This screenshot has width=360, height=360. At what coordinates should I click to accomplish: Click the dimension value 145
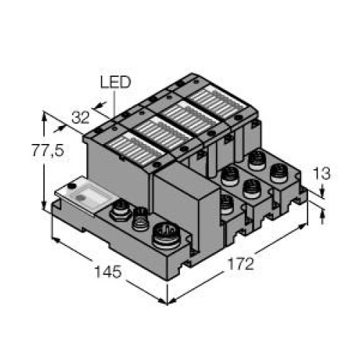(108, 272)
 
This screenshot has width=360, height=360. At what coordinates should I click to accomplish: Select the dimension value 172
(240, 264)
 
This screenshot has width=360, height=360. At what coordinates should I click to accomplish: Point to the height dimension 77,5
(48, 150)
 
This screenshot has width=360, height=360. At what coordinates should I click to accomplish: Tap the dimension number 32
(81, 117)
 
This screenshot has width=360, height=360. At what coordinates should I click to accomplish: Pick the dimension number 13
(322, 173)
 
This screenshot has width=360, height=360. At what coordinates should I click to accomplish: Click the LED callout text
(115, 82)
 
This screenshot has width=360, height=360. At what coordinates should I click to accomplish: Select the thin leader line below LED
(114, 104)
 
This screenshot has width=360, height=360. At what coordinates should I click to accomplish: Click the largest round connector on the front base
(166, 235)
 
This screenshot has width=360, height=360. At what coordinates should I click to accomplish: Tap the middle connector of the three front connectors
(141, 220)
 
